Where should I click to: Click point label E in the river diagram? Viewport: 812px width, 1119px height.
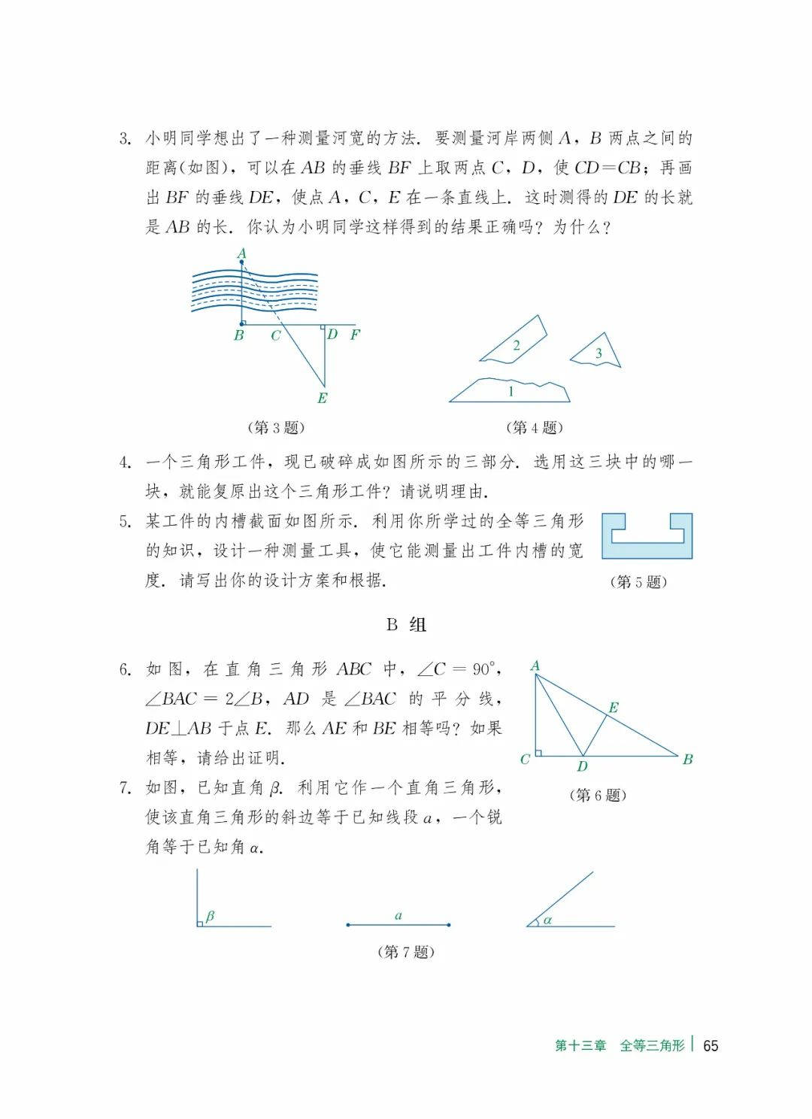click(x=322, y=399)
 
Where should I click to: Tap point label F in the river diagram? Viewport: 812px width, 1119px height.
click(x=355, y=335)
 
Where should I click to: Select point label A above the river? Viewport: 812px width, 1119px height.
click(x=241, y=253)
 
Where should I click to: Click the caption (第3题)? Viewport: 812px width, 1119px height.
click(x=276, y=428)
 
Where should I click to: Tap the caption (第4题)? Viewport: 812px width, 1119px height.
click(x=535, y=428)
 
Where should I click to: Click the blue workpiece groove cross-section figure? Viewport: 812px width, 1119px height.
click(x=647, y=536)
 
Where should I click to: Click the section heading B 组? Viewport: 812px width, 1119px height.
click(x=406, y=624)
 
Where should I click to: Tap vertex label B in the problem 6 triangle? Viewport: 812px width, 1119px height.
click(x=687, y=760)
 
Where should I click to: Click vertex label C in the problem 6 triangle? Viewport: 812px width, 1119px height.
click(x=525, y=760)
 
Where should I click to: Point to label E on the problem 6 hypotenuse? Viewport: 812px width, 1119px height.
click(x=613, y=708)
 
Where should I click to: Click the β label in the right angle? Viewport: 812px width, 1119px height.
click(x=210, y=916)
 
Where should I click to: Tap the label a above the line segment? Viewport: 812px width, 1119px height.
click(x=398, y=915)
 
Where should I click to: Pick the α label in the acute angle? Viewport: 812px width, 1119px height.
click(x=547, y=919)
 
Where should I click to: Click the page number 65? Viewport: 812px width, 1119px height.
click(x=710, y=1045)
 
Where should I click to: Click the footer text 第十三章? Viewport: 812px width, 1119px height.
click(x=580, y=1045)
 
